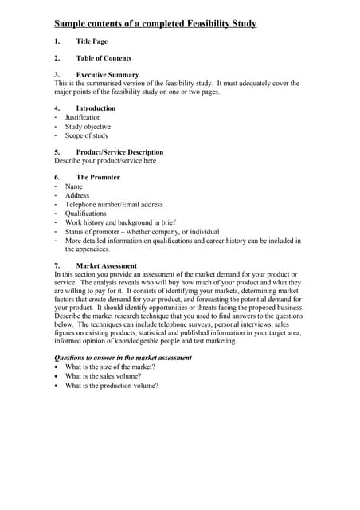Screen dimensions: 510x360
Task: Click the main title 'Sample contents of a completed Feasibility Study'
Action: pos(155,24)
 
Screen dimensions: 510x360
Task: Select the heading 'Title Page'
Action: pos(92,41)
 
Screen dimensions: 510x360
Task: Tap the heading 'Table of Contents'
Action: pos(104,58)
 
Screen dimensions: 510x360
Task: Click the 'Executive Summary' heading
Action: pos(107,75)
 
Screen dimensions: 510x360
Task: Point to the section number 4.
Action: pos(57,108)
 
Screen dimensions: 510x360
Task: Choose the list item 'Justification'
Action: pos(83,117)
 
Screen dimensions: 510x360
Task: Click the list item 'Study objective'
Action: pos(88,127)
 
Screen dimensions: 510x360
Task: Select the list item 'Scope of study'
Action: pos(87,135)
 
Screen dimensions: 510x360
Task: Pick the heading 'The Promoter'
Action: pos(98,178)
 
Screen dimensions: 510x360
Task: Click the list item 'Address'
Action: pos(77,195)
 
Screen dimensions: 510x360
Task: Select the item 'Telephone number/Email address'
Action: pos(114,205)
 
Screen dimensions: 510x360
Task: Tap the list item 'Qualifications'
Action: pos(85,214)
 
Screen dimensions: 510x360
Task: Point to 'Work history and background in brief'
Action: pos(121,222)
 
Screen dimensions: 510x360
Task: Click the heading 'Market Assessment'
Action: pos(106,265)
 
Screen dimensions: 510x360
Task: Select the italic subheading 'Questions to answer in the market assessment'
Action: pos(123,358)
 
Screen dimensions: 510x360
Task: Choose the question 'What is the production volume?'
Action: pos(112,386)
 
